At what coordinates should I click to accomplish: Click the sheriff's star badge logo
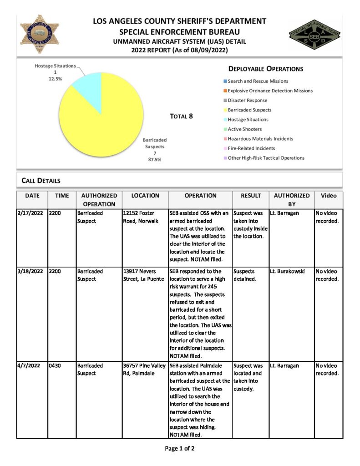(x=40, y=34)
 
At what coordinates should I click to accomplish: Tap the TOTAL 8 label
(x=181, y=116)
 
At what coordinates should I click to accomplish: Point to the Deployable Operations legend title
(x=265, y=69)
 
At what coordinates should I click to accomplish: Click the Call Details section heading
(x=41, y=181)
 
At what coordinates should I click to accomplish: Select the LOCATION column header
(x=145, y=196)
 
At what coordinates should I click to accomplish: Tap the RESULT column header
(x=250, y=196)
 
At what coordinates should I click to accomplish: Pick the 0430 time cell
(x=55, y=365)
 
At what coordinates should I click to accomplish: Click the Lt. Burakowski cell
(x=287, y=271)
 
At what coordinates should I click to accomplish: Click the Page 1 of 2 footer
(x=180, y=449)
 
